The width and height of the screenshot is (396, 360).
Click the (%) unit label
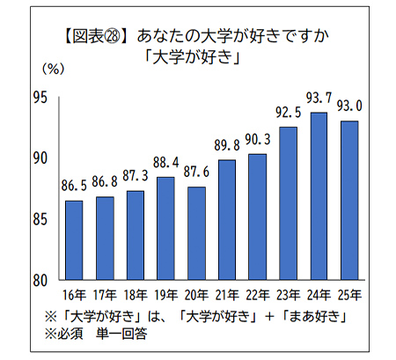coord(53,68)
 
